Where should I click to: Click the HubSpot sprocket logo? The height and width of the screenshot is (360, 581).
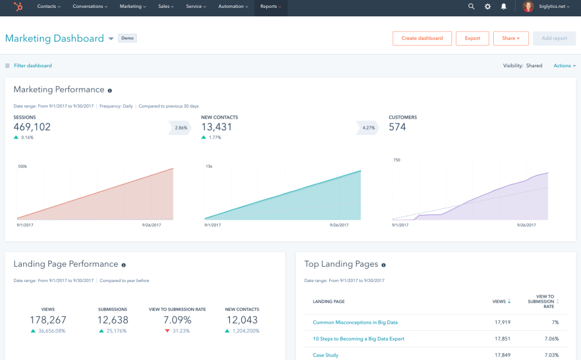point(19,7)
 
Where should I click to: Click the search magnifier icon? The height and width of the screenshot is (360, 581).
point(471,7)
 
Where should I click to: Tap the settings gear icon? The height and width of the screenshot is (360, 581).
point(488,7)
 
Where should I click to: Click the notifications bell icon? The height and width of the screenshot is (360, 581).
point(504,7)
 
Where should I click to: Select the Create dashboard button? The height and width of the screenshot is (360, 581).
point(422,38)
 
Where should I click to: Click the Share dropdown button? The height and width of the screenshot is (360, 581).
point(511,38)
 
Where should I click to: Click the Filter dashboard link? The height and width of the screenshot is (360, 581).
point(33,65)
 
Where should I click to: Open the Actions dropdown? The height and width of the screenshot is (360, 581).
point(565,65)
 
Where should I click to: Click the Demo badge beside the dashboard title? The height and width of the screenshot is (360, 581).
point(127,38)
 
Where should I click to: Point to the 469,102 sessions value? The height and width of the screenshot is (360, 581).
point(32,127)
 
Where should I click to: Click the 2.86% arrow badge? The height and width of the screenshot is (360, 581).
point(180,128)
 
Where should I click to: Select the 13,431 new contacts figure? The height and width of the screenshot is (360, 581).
point(217,127)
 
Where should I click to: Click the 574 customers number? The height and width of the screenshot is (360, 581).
point(397,127)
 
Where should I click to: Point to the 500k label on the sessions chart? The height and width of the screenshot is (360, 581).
point(22,166)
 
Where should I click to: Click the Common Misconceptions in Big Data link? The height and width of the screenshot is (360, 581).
point(355,322)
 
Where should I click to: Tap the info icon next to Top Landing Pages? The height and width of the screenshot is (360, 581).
point(384,265)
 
